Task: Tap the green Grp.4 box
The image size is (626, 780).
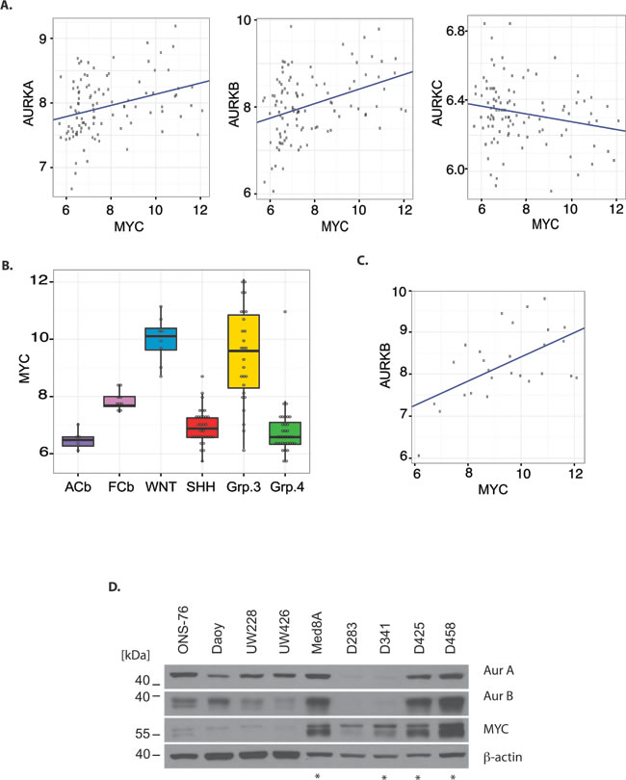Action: click(286, 433)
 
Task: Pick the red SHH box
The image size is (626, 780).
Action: click(193, 428)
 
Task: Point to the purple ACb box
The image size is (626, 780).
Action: click(85, 441)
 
